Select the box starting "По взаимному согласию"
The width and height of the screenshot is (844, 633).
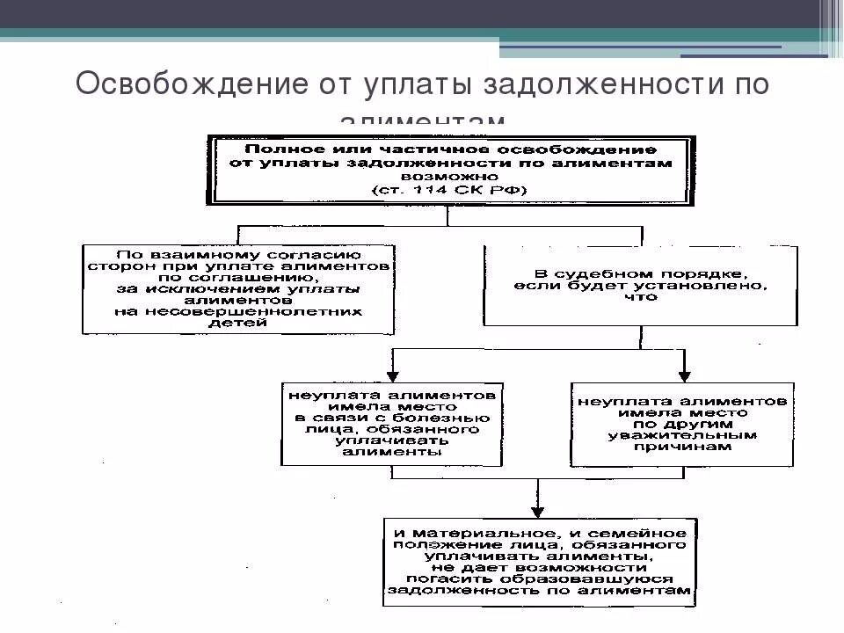(238, 289)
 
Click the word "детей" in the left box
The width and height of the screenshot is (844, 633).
(238, 323)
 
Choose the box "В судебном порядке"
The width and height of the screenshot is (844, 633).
(640, 286)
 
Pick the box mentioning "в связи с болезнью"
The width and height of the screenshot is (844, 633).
(392, 424)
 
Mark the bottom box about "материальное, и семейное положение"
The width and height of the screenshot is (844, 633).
(538, 562)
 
